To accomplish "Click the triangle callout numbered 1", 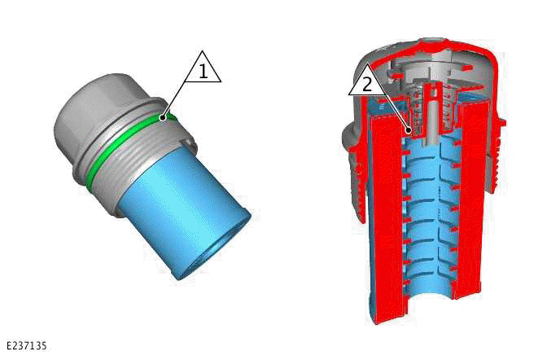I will point(203,69).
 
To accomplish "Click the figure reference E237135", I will point(25,346).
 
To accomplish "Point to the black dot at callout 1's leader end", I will point(163,117).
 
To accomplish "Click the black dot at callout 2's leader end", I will point(407,128).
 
